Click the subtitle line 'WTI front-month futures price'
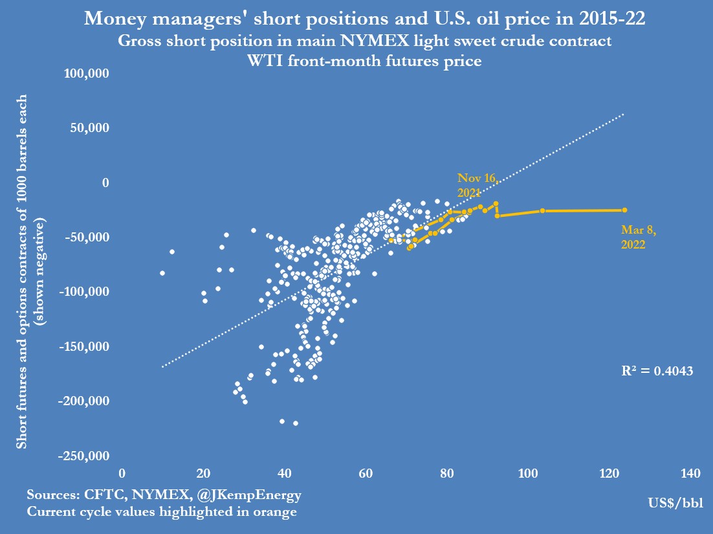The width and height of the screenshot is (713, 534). (x=364, y=61)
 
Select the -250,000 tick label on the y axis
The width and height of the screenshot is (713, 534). (x=84, y=456)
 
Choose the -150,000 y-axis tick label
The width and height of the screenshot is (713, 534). (x=84, y=347)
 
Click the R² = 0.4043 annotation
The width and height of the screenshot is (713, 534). (x=657, y=371)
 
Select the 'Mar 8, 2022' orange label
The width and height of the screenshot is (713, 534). (x=633, y=237)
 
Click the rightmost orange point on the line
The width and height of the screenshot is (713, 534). (x=624, y=210)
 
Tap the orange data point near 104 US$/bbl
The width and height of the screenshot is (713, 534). (x=543, y=211)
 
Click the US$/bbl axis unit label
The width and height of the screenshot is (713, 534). (x=675, y=503)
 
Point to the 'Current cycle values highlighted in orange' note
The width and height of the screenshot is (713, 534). (x=162, y=511)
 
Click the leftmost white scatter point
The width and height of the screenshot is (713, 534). (x=162, y=273)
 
